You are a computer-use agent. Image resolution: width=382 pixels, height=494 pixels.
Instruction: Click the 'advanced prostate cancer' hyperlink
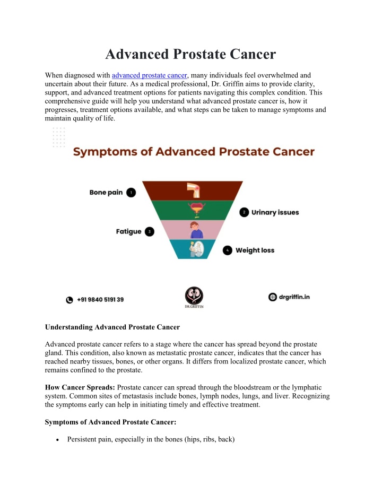point(150,75)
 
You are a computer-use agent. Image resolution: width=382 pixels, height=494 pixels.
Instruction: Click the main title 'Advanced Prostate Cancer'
point(190,54)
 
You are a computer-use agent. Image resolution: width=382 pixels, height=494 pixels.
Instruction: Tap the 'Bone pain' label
point(106,193)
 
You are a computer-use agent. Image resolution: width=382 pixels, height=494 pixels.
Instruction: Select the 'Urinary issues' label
point(275,212)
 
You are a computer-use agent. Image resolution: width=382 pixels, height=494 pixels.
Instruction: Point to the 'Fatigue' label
point(128,231)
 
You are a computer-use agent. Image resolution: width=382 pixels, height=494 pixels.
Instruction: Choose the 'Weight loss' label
point(255,250)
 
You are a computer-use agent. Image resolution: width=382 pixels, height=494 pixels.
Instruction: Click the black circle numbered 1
point(131,193)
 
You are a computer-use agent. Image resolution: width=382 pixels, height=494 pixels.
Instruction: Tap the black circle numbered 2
point(244,212)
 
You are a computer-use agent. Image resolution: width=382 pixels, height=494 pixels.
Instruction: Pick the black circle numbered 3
point(149,231)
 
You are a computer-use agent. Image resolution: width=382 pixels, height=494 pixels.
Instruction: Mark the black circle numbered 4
point(228,250)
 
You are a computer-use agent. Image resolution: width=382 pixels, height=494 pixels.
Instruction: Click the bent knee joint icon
point(193,190)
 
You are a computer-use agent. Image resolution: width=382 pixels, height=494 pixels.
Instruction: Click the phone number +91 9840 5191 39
point(100,300)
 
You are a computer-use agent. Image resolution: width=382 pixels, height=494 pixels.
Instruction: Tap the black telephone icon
point(70,300)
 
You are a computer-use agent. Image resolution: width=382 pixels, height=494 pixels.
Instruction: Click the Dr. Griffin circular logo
point(194,296)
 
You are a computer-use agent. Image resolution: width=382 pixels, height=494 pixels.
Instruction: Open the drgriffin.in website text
point(294,297)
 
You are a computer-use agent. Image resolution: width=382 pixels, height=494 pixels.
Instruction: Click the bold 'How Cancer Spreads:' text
point(80,387)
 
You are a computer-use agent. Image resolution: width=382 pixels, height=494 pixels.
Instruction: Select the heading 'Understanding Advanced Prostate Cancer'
point(112,327)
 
